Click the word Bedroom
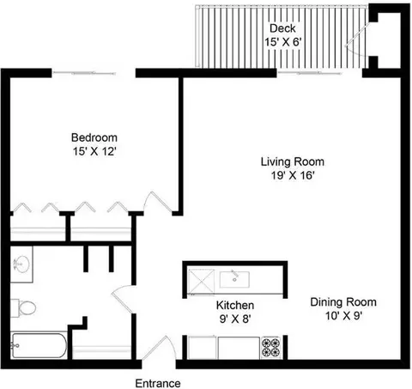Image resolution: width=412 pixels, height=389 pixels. [94, 137]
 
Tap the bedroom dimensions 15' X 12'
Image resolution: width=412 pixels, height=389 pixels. [94, 151]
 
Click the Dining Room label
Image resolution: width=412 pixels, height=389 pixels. [343, 302]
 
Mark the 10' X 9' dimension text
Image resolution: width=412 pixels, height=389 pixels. [343, 316]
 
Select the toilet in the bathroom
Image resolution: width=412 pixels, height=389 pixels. [26, 307]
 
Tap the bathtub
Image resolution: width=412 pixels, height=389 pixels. [39, 348]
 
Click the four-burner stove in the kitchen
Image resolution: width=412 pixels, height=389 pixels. [270, 349]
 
